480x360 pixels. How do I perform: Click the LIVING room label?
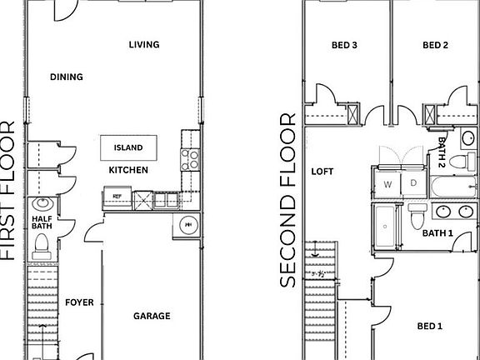(144, 45)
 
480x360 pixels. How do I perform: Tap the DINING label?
(66, 77)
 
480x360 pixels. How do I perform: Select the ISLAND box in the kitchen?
(128, 148)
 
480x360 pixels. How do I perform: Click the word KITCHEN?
(128, 170)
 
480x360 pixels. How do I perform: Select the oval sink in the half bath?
(42, 204)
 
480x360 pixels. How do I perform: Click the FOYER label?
(79, 302)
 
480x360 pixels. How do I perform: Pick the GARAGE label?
(152, 316)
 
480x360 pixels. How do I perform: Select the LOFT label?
(322, 172)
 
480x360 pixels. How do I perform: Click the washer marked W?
(387, 183)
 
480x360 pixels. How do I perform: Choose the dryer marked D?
(412, 183)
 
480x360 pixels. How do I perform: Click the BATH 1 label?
(437, 233)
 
